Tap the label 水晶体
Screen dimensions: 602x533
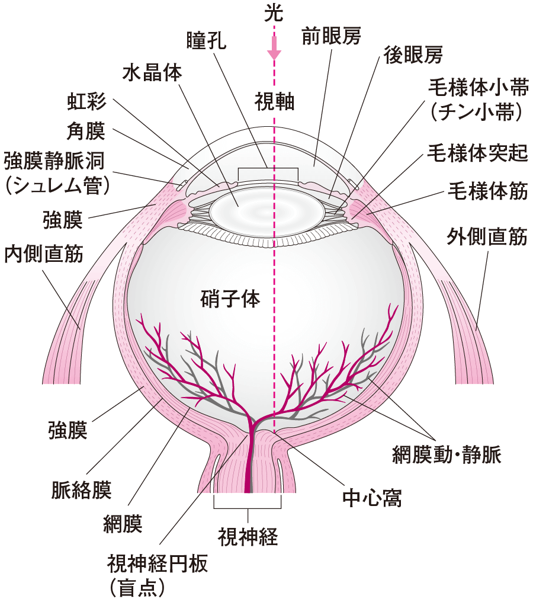(152, 73)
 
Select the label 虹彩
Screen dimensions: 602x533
(86, 102)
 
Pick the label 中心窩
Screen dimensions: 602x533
(373, 498)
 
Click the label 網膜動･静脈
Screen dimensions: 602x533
(447, 455)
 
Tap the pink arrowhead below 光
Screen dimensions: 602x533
(274, 54)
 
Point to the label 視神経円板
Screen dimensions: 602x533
(157, 563)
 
